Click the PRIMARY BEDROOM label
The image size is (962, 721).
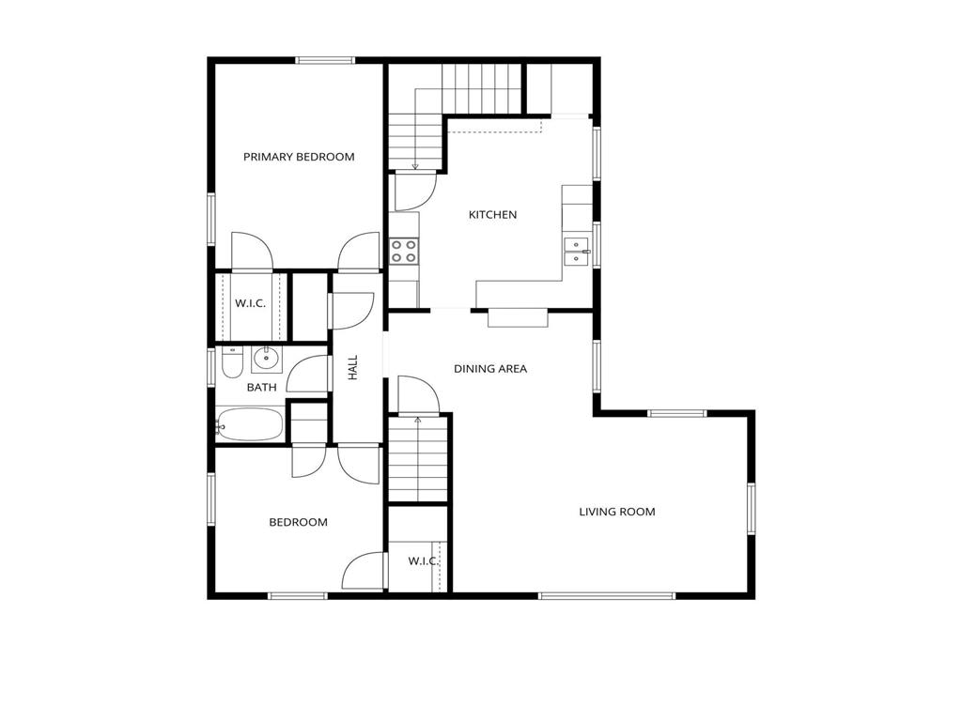pyautogui.click(x=299, y=157)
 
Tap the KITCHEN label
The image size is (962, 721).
pyautogui.click(x=492, y=215)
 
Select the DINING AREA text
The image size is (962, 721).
pyautogui.click(x=490, y=369)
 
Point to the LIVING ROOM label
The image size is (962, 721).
pyautogui.click(x=616, y=512)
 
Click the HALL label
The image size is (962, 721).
pyautogui.click(x=354, y=367)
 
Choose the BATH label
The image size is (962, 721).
pyautogui.click(x=261, y=387)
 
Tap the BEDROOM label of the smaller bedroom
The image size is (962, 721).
pyautogui.click(x=298, y=522)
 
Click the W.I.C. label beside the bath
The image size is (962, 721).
pyautogui.click(x=250, y=303)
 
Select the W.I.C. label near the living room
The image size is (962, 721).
pyautogui.click(x=423, y=561)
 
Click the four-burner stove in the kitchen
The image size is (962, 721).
pyautogui.click(x=404, y=250)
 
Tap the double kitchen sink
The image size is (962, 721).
pyautogui.click(x=576, y=251)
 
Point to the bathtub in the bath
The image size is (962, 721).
pyautogui.click(x=250, y=424)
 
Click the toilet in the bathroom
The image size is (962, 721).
pyautogui.click(x=232, y=362)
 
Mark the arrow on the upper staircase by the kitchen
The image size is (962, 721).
pyautogui.click(x=415, y=166)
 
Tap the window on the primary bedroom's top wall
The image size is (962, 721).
pyautogui.click(x=325, y=61)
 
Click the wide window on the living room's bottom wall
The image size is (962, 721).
pyautogui.click(x=606, y=595)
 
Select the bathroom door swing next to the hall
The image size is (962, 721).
pyautogui.click(x=308, y=376)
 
